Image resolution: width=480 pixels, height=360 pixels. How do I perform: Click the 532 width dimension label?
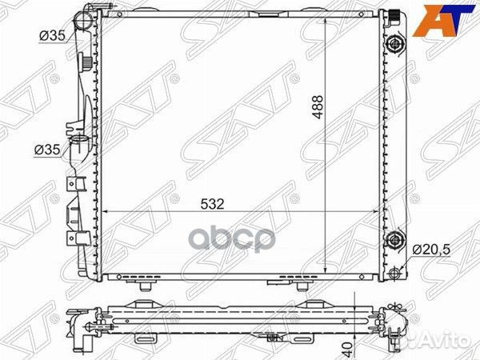pyautogui.click(x=213, y=204)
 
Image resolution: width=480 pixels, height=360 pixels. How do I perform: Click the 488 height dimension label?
pyautogui.click(x=318, y=107)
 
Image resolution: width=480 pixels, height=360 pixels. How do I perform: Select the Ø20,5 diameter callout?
pyautogui.click(x=431, y=250)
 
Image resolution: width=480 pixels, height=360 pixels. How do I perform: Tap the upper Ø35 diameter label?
pyautogui.click(x=52, y=36)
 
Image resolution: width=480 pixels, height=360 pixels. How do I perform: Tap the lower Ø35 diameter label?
pyautogui.click(x=47, y=150)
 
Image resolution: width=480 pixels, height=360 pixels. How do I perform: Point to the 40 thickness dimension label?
pyautogui.click(x=348, y=347)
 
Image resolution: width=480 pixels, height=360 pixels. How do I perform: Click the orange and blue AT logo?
pyautogui.click(x=443, y=20)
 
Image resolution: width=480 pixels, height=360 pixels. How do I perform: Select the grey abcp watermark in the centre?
pyautogui.click(x=232, y=240)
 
